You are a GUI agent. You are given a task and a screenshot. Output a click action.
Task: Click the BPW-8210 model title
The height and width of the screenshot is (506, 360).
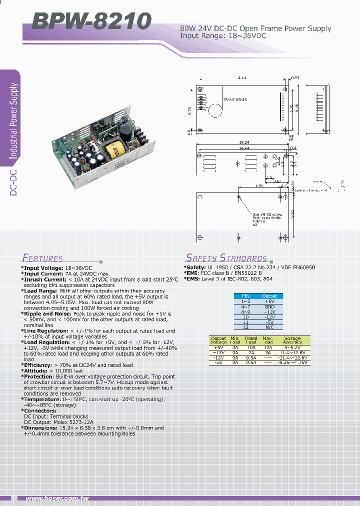point(91,21)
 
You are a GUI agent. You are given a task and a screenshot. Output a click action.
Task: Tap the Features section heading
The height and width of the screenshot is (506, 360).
point(42,258)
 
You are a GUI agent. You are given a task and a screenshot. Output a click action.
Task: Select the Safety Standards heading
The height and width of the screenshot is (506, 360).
point(226,258)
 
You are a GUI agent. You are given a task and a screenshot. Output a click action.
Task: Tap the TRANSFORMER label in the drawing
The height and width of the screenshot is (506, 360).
point(234,100)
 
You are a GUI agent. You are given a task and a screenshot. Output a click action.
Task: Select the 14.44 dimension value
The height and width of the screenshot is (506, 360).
point(243,148)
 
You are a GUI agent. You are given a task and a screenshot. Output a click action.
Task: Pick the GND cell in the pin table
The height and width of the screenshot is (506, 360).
point(269,306)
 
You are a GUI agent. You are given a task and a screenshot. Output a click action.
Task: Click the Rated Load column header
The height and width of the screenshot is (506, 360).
point(251,340)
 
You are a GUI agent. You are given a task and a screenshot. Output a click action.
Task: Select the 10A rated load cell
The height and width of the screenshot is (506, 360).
point(251,346)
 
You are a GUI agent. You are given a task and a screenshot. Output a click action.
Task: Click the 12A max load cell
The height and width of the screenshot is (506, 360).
point(268,346)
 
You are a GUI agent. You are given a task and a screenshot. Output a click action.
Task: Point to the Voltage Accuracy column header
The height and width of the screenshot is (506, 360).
point(292,340)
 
